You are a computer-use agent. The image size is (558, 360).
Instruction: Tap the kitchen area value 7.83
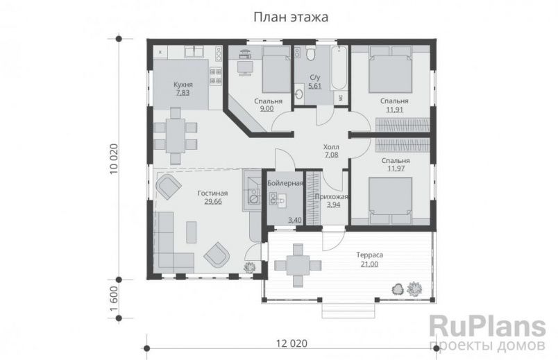[183, 92]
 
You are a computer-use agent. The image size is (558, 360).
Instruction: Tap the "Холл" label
[331, 147]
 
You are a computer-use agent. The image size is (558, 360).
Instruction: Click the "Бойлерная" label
[285, 182]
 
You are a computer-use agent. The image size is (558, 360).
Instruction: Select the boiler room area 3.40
[276, 221]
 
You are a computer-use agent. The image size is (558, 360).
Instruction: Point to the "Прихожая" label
[330, 197]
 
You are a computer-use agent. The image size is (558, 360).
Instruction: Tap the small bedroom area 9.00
[246, 108]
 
